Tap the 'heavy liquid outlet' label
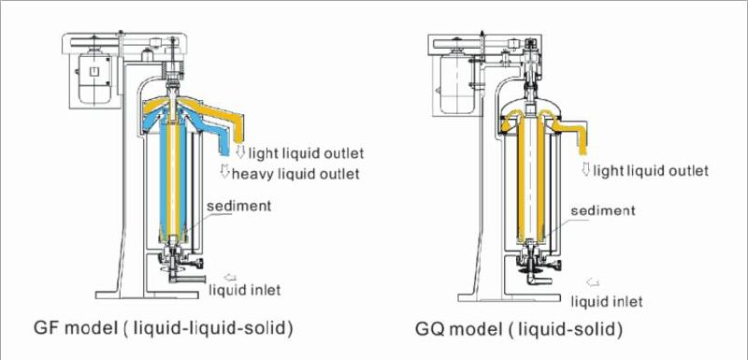click(296, 174)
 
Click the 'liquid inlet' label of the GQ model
click(607, 300)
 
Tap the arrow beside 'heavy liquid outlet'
click(224, 171)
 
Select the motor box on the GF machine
click(93, 74)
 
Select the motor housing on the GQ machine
click(457, 79)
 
